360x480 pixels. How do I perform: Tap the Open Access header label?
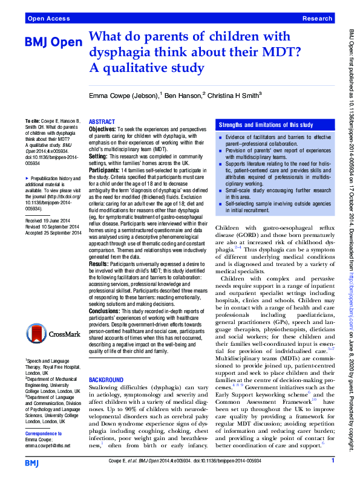tap(47, 19)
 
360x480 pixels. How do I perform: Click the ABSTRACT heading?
tap(102, 122)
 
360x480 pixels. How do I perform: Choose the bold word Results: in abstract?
tap(100, 264)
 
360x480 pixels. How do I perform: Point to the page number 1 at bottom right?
tap(333, 462)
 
